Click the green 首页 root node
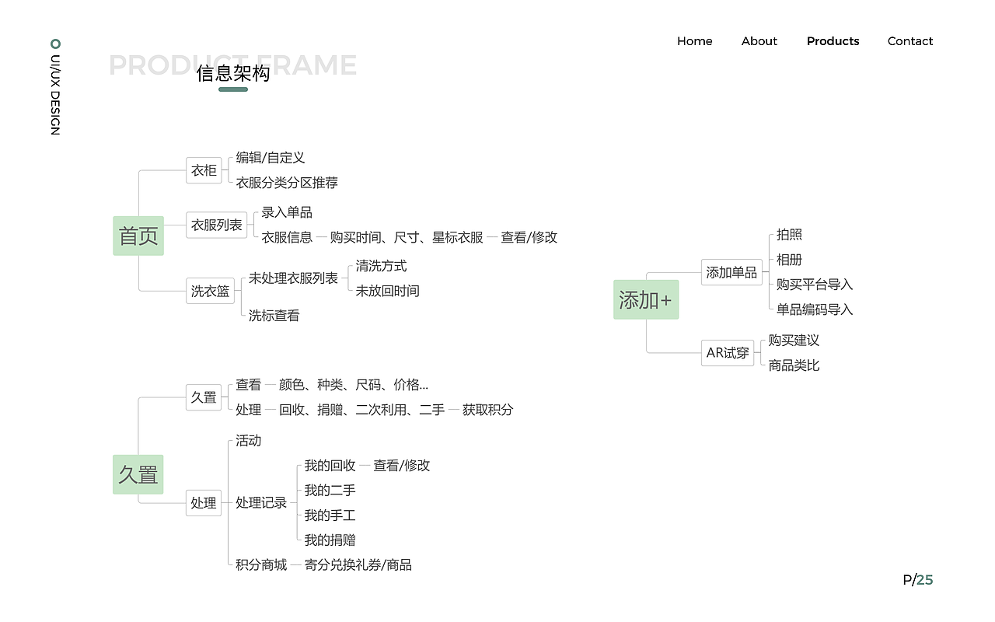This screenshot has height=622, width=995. (x=138, y=236)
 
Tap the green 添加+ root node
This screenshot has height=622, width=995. (x=646, y=299)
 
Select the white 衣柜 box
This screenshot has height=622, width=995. (x=204, y=169)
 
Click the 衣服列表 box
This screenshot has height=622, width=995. (x=217, y=225)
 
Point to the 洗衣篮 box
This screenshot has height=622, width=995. (x=210, y=291)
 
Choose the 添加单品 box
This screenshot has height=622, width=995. (x=731, y=272)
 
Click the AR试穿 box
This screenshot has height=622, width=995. (x=728, y=352)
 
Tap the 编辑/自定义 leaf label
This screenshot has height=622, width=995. (x=271, y=158)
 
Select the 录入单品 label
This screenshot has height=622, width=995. (x=287, y=212)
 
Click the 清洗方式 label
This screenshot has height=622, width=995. (x=381, y=266)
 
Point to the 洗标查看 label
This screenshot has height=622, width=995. (x=274, y=316)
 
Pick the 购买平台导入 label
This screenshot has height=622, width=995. (x=814, y=285)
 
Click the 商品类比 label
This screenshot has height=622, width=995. (x=794, y=365)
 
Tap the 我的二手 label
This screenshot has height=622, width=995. (x=330, y=491)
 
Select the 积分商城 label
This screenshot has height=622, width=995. (x=261, y=565)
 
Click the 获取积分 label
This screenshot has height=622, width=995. (x=487, y=410)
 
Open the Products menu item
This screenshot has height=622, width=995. (x=833, y=41)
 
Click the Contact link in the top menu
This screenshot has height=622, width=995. (x=910, y=41)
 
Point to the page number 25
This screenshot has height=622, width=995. (x=925, y=579)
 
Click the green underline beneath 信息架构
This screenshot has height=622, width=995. (x=233, y=89)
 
